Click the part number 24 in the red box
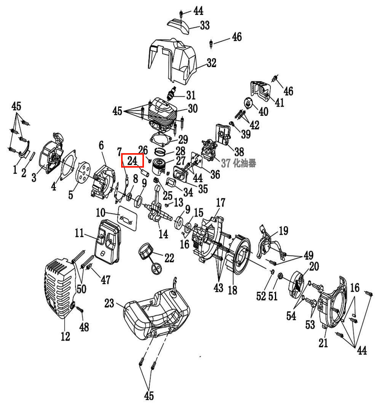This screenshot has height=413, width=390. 132,160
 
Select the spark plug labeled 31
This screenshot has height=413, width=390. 173,93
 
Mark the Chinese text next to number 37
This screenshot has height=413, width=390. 245,163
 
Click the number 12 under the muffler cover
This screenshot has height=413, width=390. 66,336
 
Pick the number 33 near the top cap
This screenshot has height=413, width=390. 205,25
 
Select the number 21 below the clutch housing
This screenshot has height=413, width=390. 323,343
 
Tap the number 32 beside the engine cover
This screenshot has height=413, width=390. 211,63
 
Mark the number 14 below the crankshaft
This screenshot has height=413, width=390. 163,234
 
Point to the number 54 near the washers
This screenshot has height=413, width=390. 291,315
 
